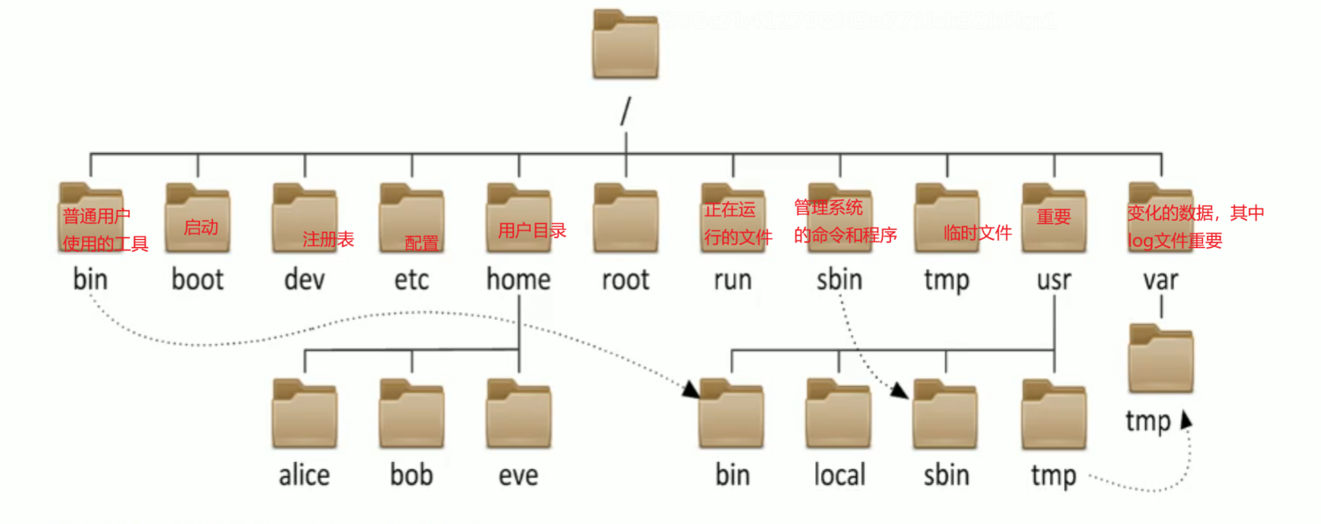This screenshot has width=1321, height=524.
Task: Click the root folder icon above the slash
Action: [x=626, y=45]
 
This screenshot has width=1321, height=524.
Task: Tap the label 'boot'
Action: [x=198, y=279]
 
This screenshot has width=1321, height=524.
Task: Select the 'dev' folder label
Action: [x=304, y=279]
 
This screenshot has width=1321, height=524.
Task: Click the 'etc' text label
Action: [x=411, y=279]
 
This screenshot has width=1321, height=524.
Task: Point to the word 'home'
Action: [x=519, y=279]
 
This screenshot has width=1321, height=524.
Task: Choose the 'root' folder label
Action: [x=626, y=279]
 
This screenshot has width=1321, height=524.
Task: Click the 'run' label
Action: [x=732, y=279]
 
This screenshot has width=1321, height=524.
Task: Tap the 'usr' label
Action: [x=1054, y=279]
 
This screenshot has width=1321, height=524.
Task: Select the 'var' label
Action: [x=1160, y=279]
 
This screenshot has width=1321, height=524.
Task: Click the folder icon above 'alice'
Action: [x=304, y=414]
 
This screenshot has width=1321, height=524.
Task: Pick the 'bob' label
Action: [x=411, y=475]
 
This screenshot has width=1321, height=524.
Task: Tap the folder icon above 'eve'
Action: [x=519, y=414]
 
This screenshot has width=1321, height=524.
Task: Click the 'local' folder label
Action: [x=839, y=475]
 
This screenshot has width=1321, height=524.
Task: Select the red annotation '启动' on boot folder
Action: [x=201, y=228]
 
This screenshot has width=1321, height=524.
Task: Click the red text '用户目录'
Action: [x=532, y=231]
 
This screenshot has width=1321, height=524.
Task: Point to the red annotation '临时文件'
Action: [x=977, y=234]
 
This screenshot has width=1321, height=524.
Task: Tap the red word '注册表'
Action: [x=328, y=239]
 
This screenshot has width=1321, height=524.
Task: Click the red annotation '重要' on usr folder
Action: [x=1054, y=217]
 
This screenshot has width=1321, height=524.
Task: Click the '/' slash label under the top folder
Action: [x=626, y=112]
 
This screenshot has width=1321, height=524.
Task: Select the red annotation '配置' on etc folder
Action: [x=422, y=243]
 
